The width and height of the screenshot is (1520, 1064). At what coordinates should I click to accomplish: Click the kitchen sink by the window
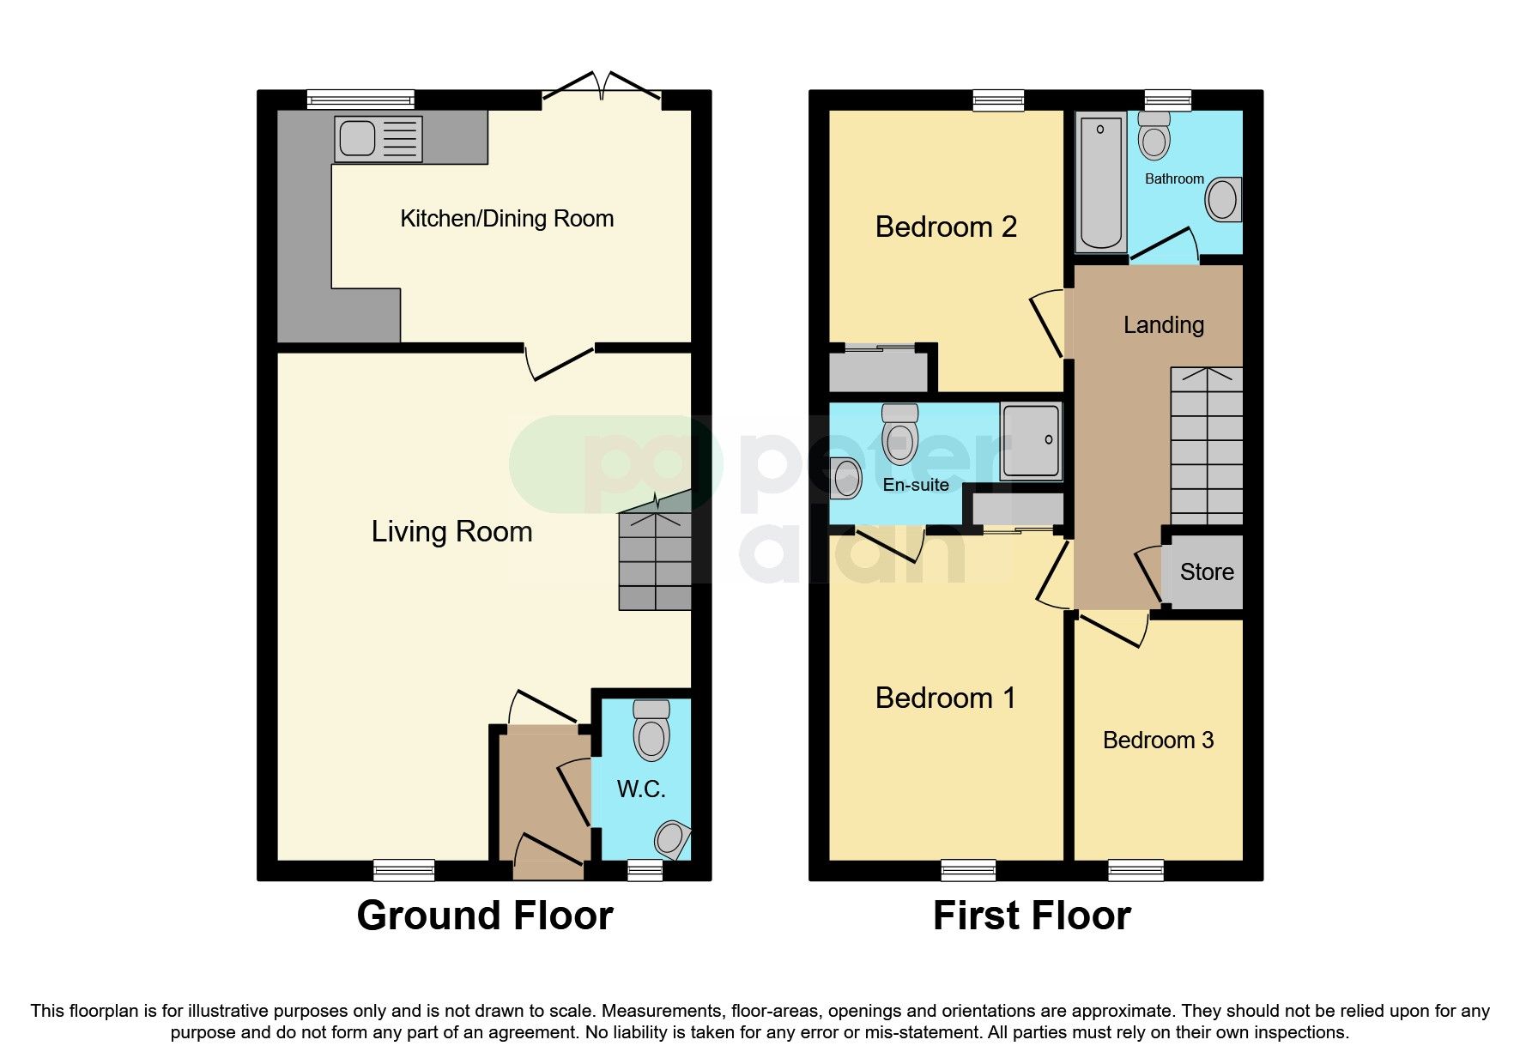click(x=378, y=139)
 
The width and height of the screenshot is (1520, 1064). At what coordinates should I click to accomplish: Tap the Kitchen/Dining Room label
click(x=506, y=219)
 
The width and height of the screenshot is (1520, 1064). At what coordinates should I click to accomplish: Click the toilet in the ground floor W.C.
click(x=651, y=730)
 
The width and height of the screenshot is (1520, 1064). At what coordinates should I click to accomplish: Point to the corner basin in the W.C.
click(x=672, y=838)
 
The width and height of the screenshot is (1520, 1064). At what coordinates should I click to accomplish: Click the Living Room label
click(x=451, y=532)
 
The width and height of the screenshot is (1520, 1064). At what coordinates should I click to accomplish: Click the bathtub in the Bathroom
click(x=1101, y=182)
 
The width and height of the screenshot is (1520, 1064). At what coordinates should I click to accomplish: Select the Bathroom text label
click(x=1174, y=178)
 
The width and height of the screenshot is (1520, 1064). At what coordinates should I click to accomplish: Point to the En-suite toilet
click(x=899, y=426)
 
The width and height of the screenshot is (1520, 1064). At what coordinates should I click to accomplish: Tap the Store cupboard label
click(x=1207, y=572)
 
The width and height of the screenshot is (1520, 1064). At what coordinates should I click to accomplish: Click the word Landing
click(x=1164, y=325)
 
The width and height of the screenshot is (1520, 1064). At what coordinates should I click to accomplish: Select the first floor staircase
click(x=1207, y=446)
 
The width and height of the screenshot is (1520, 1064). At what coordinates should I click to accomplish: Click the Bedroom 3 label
click(x=1158, y=741)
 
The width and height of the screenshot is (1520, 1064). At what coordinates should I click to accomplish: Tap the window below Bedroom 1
click(x=968, y=870)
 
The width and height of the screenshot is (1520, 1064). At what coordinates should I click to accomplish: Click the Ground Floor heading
click(x=485, y=916)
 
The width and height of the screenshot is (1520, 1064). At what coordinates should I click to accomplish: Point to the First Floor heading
click(x=1032, y=916)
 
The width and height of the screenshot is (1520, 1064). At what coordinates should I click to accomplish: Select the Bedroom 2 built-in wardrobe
click(x=877, y=371)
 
